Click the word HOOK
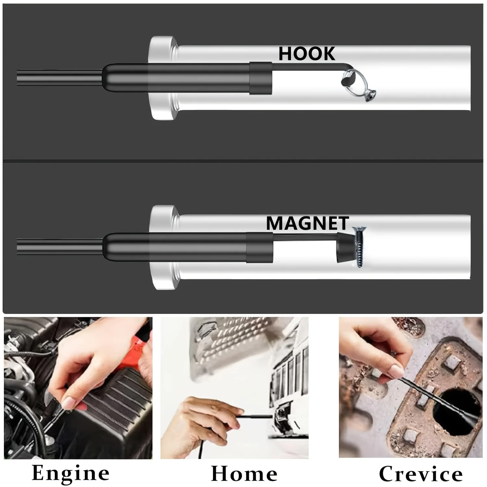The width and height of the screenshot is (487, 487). point(307,54)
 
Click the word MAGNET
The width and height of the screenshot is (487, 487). point(307,223)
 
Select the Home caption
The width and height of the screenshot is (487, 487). point(244,474)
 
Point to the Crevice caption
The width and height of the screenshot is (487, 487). point(421,474)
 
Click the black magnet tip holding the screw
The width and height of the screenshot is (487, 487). point(344,248)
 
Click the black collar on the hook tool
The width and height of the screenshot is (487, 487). point(261,78)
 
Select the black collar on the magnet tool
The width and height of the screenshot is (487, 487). point(259,247)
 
